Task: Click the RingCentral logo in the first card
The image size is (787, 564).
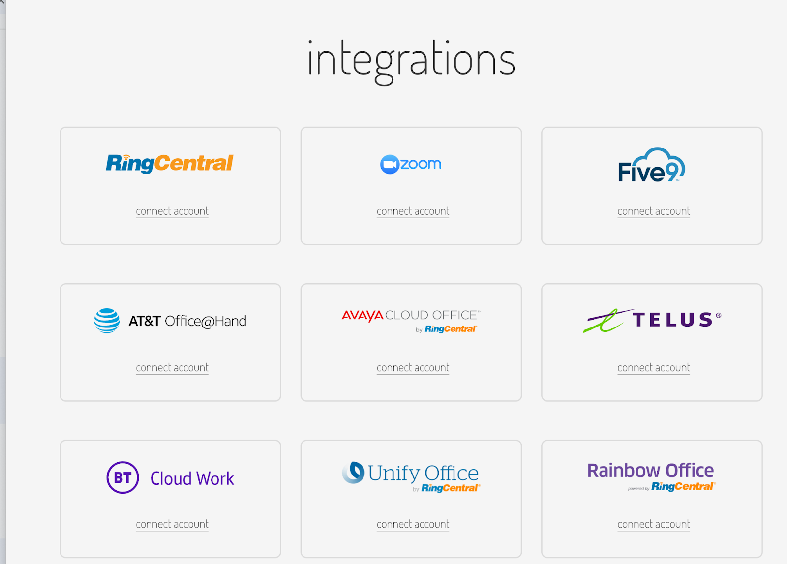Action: tap(170, 163)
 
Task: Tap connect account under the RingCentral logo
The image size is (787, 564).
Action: tap(172, 211)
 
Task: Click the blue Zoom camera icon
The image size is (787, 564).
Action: tap(389, 164)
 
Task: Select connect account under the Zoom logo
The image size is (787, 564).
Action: tap(413, 211)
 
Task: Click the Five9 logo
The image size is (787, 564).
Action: tap(651, 166)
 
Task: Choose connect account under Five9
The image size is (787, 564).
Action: tap(654, 211)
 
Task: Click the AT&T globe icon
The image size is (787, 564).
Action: tap(107, 321)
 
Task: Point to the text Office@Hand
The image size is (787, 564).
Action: tap(206, 321)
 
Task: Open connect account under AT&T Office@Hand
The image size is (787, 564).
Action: tap(172, 368)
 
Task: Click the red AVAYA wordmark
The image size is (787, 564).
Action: tap(363, 315)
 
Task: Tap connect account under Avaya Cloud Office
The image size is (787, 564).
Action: tap(413, 368)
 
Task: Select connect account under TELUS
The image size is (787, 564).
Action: tap(654, 368)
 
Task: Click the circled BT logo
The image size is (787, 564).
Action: tap(122, 477)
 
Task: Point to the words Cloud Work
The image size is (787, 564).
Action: tap(192, 478)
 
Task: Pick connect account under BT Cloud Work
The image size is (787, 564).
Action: tap(172, 524)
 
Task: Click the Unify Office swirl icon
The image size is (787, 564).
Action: tap(353, 473)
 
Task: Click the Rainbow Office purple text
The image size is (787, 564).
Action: tap(650, 471)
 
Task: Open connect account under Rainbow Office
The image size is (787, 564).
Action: tap(654, 524)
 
